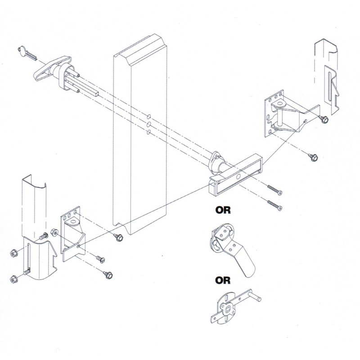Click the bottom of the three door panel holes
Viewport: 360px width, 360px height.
(x=148, y=132)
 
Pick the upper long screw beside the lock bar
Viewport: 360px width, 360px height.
(x=275, y=191)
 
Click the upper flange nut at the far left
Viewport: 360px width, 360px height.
(x=13, y=254)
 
